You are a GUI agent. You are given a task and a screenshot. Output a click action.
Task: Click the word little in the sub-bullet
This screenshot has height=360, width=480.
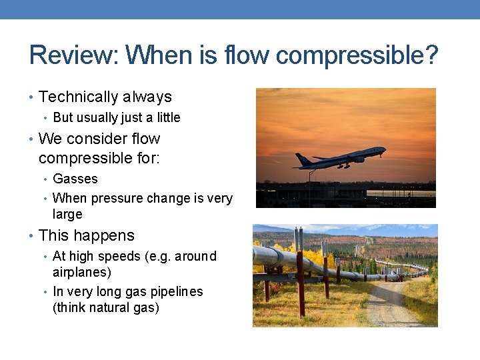pyautogui.click(x=167, y=118)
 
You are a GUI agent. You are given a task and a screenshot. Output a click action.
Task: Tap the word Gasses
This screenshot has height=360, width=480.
pyautogui.click(x=75, y=179)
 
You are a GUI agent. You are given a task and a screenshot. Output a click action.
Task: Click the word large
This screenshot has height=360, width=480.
pyautogui.click(x=67, y=215)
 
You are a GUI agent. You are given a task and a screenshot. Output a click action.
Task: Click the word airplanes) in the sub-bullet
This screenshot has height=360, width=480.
pyautogui.click(x=82, y=273)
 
